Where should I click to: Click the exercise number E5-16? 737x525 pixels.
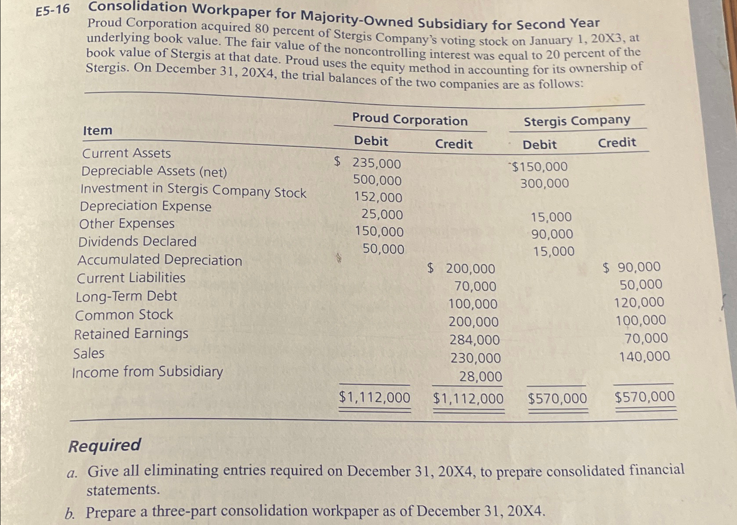(x=53, y=10)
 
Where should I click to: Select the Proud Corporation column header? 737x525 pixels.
(x=409, y=120)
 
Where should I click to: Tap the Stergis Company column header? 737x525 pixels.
(x=577, y=120)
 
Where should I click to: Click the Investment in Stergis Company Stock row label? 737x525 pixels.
(x=193, y=190)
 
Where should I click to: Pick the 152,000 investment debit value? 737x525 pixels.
(x=378, y=197)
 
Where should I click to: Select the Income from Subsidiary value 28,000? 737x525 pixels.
(x=480, y=377)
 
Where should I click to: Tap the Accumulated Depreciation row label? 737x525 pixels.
(x=159, y=260)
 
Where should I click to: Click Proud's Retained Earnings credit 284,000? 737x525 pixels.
(x=474, y=340)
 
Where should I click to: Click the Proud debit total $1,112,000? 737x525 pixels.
(x=374, y=398)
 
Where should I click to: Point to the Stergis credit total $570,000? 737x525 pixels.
(x=644, y=397)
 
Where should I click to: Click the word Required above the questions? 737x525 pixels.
(x=105, y=445)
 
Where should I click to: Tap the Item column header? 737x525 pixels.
(x=97, y=130)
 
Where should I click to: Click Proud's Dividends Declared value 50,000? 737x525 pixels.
(x=383, y=249)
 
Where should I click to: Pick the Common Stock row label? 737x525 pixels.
(x=124, y=315)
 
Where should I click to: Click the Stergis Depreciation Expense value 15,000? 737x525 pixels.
(x=551, y=217)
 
